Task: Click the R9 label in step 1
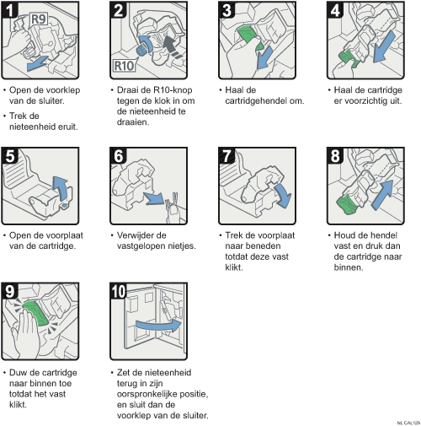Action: pyautogui.click(x=39, y=19)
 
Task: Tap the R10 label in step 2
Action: pyautogui.click(x=124, y=66)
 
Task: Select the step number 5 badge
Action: pyautogui.click(x=9, y=155)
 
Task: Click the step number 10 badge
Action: pyautogui.click(x=118, y=291)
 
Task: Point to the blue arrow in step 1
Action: pyautogui.click(x=38, y=64)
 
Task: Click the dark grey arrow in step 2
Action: pyautogui.click(x=172, y=46)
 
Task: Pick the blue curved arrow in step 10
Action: pyautogui.click(x=159, y=326)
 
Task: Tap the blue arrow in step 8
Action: pyautogui.click(x=382, y=195)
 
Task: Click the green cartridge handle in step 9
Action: pyautogui.click(x=36, y=313)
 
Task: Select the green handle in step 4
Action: pyautogui.click(x=349, y=59)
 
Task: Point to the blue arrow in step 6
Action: pyautogui.click(x=154, y=198)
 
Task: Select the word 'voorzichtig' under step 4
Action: pyautogui.click(x=366, y=100)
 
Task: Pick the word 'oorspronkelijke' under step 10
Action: pyautogui.click(x=147, y=394)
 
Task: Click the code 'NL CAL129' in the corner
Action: pyautogui.click(x=408, y=423)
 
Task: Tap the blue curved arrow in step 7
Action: pyautogui.click(x=284, y=195)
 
